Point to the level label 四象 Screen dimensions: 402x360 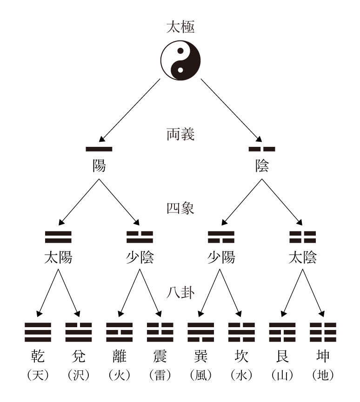(x=180, y=207)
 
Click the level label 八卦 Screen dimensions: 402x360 (x=180, y=294)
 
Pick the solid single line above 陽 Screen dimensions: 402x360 (x=99, y=149)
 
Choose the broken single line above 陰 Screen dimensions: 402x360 (x=262, y=149)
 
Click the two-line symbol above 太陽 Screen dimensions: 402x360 (x=58, y=237)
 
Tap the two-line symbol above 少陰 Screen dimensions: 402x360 (x=140, y=237)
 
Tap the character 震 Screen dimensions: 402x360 (x=160, y=356)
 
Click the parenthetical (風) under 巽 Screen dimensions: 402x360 (x=201, y=375)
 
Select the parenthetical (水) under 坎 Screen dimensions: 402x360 (x=242, y=375)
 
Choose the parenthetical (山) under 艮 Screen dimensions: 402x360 (x=282, y=375)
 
